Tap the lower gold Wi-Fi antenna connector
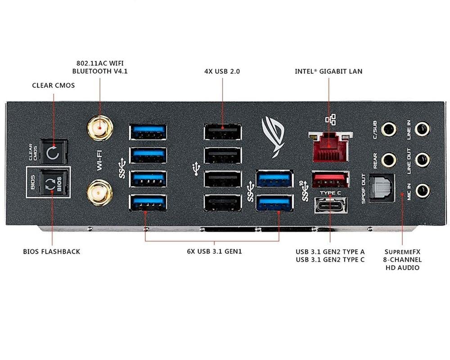coord(100,192)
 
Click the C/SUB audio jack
coord(388,130)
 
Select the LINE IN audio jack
coord(422,130)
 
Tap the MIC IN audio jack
coord(422,190)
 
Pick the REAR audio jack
coord(388,159)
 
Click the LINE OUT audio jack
coord(422,159)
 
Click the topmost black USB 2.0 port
coord(222,132)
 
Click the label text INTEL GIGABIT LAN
coord(328,71)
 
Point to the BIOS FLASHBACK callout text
coord(51,251)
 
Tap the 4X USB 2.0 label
coord(222,71)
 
